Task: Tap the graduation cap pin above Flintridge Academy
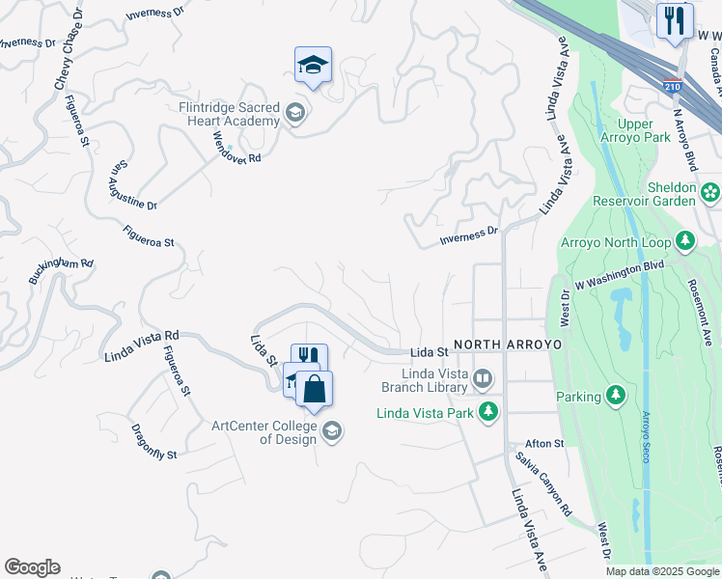pos(313,65)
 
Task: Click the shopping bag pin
pos(315,389)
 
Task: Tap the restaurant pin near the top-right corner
pos(675,20)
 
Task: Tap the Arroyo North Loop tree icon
pos(685,238)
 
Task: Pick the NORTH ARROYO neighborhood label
pos(508,344)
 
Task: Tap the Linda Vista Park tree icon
pos(488,412)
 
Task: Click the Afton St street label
pos(544,444)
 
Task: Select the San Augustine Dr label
pos(131,186)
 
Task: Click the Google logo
pos(32,567)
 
